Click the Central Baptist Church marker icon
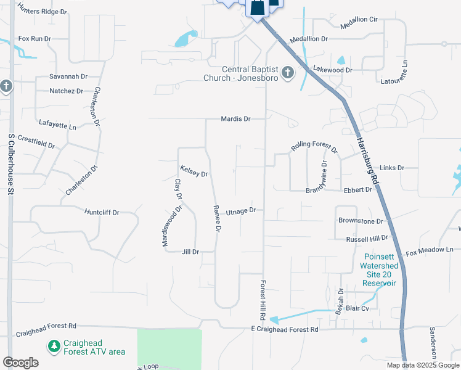pos(287,74)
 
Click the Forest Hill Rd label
pos(263,299)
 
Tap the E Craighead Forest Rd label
pos(285,330)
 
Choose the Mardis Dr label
pos(236,118)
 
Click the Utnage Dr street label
pos(240,211)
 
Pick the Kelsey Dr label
pos(194,171)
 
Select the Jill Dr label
pos(190,252)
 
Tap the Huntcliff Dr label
pos(102,212)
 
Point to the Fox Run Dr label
pos(35,38)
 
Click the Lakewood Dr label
pos(333,70)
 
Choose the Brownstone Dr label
pos(361,220)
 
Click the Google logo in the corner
pos(20,362)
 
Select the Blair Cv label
pos(357,308)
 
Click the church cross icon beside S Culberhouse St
pos(6,86)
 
